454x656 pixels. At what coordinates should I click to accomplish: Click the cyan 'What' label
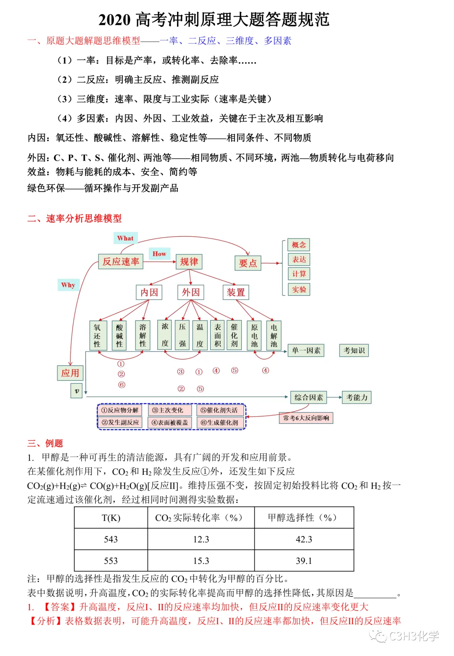pyautogui.click(x=125, y=238)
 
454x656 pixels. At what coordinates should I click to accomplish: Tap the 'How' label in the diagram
pyautogui.click(x=159, y=254)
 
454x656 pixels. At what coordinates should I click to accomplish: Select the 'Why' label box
pyautogui.click(x=68, y=285)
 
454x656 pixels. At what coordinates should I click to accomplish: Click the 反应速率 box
pyautogui.click(x=121, y=262)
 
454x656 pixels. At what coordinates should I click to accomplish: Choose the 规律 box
pyautogui.click(x=189, y=262)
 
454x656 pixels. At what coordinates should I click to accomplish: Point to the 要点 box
pyautogui.click(x=248, y=263)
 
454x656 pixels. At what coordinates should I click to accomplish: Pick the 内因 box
pyautogui.click(x=149, y=292)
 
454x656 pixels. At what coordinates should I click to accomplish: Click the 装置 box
pyautogui.click(x=236, y=292)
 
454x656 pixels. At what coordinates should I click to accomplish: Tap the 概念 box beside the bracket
pyautogui.click(x=299, y=245)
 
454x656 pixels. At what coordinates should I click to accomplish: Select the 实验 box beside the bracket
pyautogui.click(x=299, y=289)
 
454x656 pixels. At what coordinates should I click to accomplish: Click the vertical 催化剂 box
pyautogui.click(x=234, y=335)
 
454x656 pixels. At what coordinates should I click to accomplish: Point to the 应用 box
pyautogui.click(x=70, y=373)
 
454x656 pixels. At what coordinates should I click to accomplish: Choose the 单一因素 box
pyautogui.click(x=306, y=350)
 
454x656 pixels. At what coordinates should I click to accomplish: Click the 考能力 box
pyautogui.click(x=356, y=397)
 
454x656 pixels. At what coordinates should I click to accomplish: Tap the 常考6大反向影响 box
pyautogui.click(x=306, y=418)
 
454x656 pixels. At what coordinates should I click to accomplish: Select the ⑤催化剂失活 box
pyautogui.click(x=219, y=410)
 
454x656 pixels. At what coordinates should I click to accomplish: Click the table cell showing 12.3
pyautogui.click(x=201, y=540)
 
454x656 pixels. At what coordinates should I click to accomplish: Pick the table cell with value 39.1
pyautogui.click(x=304, y=561)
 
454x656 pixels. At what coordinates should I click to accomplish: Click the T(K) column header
pyautogui.click(x=111, y=518)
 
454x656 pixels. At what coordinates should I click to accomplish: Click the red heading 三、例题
pyautogui.click(x=45, y=443)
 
